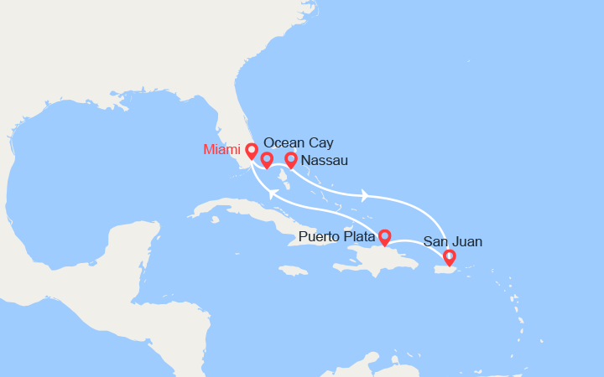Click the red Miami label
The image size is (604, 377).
tap(221, 150)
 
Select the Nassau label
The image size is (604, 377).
tap(325, 160)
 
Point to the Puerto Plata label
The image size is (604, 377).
tap(336, 239)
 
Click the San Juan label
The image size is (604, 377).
tap(453, 242)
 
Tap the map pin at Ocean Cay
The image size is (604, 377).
tap(267, 159)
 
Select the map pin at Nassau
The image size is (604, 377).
tap(291, 159)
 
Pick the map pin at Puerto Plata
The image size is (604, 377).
tap(384, 237)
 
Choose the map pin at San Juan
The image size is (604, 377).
tap(449, 257)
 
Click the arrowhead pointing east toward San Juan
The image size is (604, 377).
tap(365, 196)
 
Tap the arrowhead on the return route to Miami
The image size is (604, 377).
tap(272, 194)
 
